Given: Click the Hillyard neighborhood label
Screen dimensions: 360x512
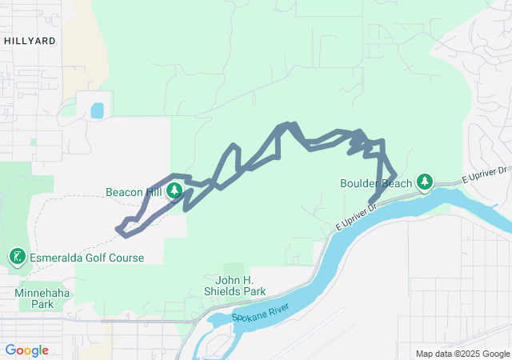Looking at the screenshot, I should point(30,40).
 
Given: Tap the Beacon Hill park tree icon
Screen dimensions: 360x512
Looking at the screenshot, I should point(174,191).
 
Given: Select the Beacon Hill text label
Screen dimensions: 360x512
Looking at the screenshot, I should point(134,192).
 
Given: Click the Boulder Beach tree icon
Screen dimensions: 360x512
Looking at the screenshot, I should point(425,183).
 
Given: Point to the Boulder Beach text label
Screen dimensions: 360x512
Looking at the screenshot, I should point(376,183).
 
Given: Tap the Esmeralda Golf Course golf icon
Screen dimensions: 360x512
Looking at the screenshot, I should point(16,257).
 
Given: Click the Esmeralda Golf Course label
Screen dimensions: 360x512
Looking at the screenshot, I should point(86,258).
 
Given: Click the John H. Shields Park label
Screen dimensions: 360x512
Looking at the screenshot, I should point(240,286).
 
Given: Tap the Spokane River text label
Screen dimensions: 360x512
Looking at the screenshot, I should point(259,311).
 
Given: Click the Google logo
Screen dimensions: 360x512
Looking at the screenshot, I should point(27,350).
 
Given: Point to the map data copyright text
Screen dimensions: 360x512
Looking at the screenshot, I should point(462,354).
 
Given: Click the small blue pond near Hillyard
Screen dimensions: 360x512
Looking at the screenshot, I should point(97,110).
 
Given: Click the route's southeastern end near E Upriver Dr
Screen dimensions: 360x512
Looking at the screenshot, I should point(371,201).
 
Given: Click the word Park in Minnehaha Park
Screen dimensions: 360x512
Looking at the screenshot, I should point(42,304).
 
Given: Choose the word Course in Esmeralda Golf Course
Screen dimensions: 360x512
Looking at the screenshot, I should point(123,258).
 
